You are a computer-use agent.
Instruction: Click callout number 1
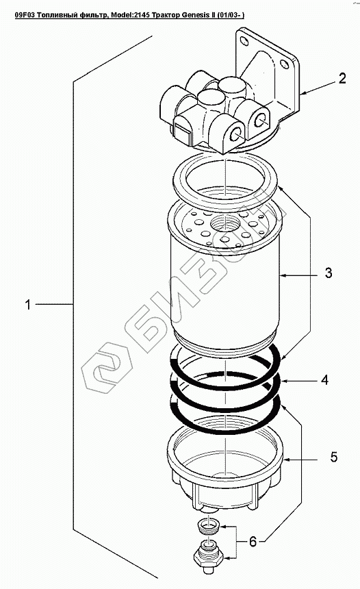(27, 304)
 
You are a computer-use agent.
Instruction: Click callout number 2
(342, 79)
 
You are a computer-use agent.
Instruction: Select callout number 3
(329, 273)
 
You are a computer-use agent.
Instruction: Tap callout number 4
(324, 380)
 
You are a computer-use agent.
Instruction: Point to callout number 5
(334, 457)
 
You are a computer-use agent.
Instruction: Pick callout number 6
(253, 541)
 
